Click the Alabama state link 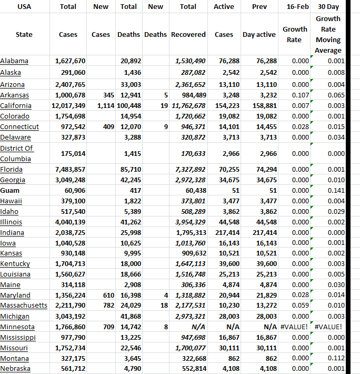pos(14,61)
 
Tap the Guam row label pos(9,190)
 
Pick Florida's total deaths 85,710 pos(131,169)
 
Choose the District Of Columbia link pos(16,153)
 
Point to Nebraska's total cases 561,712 pos(70,369)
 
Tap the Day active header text pos(259,34)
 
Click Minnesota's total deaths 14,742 pos(131,327)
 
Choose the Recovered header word pos(188,34)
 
